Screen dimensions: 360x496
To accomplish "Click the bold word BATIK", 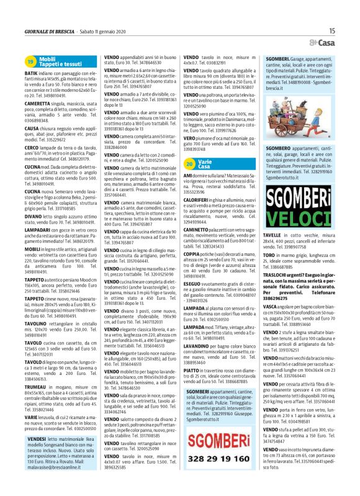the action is (31, 74).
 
